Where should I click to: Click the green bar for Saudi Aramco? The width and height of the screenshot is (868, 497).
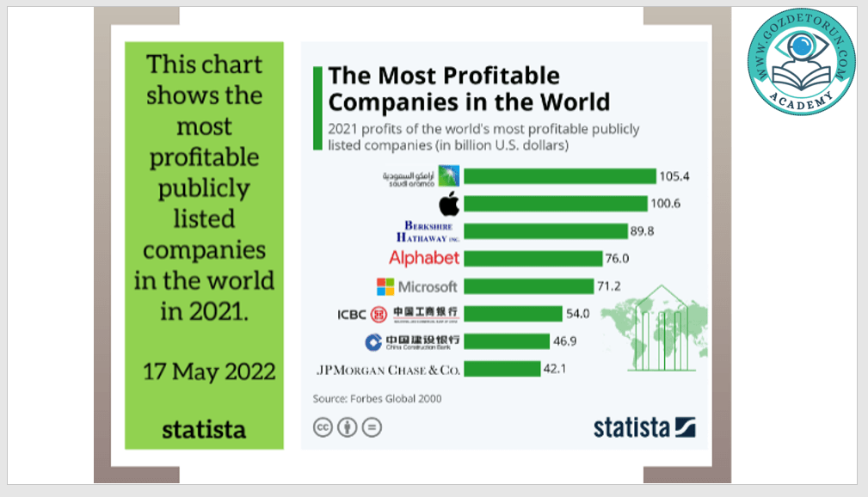point(560,176)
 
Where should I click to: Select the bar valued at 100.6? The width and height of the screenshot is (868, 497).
point(556,204)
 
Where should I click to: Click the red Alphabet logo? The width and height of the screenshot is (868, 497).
point(424,258)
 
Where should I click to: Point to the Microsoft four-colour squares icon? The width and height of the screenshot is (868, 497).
point(385,286)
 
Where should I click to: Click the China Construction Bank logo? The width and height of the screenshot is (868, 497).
point(412,341)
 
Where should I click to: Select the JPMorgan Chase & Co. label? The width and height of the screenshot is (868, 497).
point(389,370)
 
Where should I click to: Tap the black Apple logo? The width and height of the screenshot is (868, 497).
point(448,204)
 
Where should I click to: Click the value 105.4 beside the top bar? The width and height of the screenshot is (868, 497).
point(675,176)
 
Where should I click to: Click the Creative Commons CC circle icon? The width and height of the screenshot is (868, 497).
point(323,426)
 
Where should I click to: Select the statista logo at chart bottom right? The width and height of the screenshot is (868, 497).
point(644,427)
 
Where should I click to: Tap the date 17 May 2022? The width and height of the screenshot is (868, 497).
point(209,371)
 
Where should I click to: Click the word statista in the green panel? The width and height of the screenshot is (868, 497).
point(204,429)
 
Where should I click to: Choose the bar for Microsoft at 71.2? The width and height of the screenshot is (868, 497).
point(529,286)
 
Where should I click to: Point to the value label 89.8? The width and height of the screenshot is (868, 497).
point(646,231)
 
